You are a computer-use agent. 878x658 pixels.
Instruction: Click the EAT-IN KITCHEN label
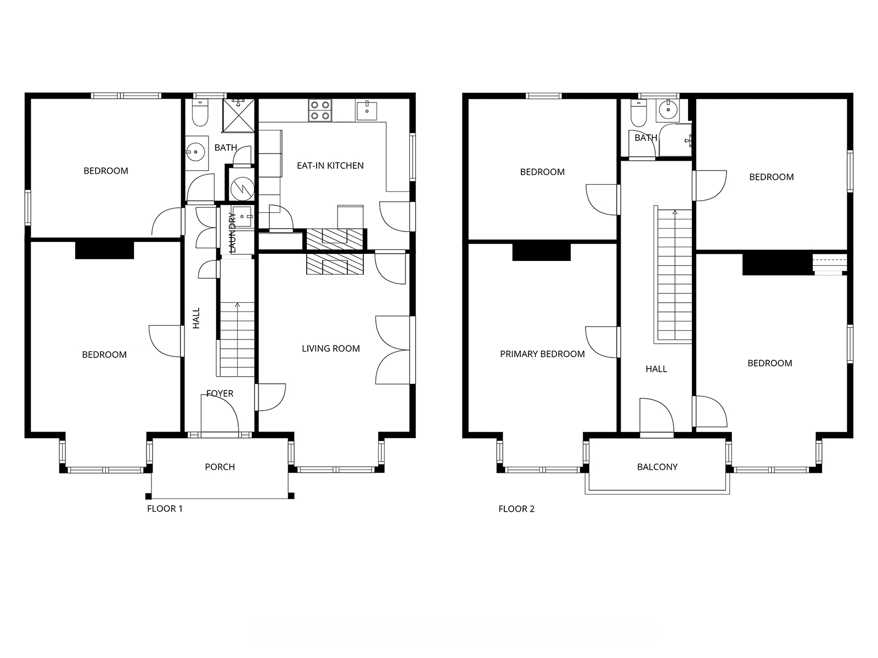[x=330, y=166]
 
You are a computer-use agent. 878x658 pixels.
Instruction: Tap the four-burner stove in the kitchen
[x=320, y=110]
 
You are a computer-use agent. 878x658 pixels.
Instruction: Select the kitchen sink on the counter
[x=367, y=110]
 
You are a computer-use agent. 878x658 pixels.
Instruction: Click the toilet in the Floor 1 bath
[x=200, y=112]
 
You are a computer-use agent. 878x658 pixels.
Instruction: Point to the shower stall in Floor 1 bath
[x=238, y=115]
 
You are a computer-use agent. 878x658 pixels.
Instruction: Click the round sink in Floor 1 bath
[x=196, y=152]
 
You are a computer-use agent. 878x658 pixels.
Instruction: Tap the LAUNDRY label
[x=232, y=232]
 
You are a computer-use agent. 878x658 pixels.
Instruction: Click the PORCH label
[x=219, y=467]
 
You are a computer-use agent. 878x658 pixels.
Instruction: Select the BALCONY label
[x=657, y=467]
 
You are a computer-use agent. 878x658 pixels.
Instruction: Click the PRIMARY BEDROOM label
[x=542, y=354]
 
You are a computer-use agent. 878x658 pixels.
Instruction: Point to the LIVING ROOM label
[x=331, y=348]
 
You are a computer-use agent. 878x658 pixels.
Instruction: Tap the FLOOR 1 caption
[x=165, y=509]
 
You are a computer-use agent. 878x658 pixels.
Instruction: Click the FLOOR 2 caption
[x=516, y=509]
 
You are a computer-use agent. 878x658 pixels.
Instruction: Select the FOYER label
[x=219, y=394]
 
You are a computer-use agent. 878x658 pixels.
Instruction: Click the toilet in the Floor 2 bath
[x=638, y=112]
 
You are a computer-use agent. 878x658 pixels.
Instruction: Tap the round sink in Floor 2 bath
[x=668, y=109]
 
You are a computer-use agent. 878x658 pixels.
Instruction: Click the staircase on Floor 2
[x=674, y=276]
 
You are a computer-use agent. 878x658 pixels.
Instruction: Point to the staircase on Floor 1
[x=237, y=339]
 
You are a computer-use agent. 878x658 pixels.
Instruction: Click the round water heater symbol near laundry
[x=242, y=187]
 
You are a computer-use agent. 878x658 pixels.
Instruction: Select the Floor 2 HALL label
[x=656, y=368]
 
